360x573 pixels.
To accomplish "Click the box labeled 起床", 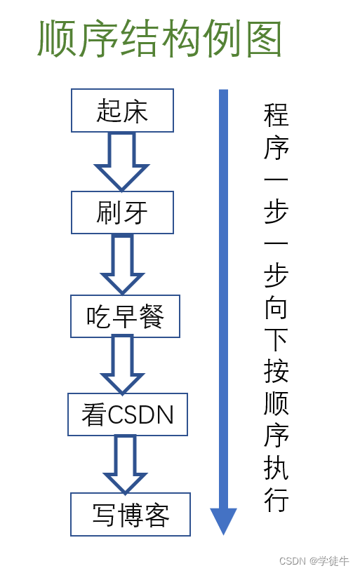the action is point(122,110).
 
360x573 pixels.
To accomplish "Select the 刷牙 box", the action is point(122,213).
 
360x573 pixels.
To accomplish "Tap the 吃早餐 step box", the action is point(125,316).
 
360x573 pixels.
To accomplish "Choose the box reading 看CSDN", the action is point(128,414).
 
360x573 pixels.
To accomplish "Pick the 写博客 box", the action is point(131,515).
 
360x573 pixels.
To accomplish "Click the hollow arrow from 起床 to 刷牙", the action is point(121,161).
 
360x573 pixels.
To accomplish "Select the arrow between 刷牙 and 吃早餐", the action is point(122,264).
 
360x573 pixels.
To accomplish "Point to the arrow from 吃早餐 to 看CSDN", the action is point(122,365).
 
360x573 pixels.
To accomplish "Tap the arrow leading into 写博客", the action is point(125,464).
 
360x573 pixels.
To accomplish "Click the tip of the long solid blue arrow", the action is point(223,535).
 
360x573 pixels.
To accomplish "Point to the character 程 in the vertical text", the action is point(276,115).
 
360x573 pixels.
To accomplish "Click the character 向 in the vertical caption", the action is point(276,308).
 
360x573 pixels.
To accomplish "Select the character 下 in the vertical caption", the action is point(276,340).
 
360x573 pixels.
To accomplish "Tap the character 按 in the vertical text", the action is point(276,372).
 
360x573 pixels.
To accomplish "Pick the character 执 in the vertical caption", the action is point(276,468).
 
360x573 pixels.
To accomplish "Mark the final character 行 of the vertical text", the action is point(276,499).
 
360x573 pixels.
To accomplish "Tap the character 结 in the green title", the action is point(141,39).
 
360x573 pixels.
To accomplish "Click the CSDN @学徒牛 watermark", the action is point(314,561).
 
